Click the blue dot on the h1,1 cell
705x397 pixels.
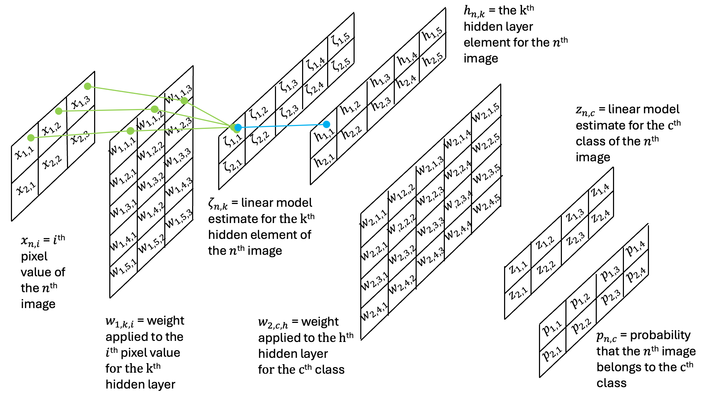326,124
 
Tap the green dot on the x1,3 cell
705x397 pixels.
88,86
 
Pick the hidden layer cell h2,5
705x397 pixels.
433,59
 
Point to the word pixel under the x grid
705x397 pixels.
34,257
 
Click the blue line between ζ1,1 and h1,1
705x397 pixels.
282,126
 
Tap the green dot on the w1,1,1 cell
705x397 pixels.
130,131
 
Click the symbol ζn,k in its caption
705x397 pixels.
218,204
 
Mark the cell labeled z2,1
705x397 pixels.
517,293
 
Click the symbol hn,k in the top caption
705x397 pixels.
474,12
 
